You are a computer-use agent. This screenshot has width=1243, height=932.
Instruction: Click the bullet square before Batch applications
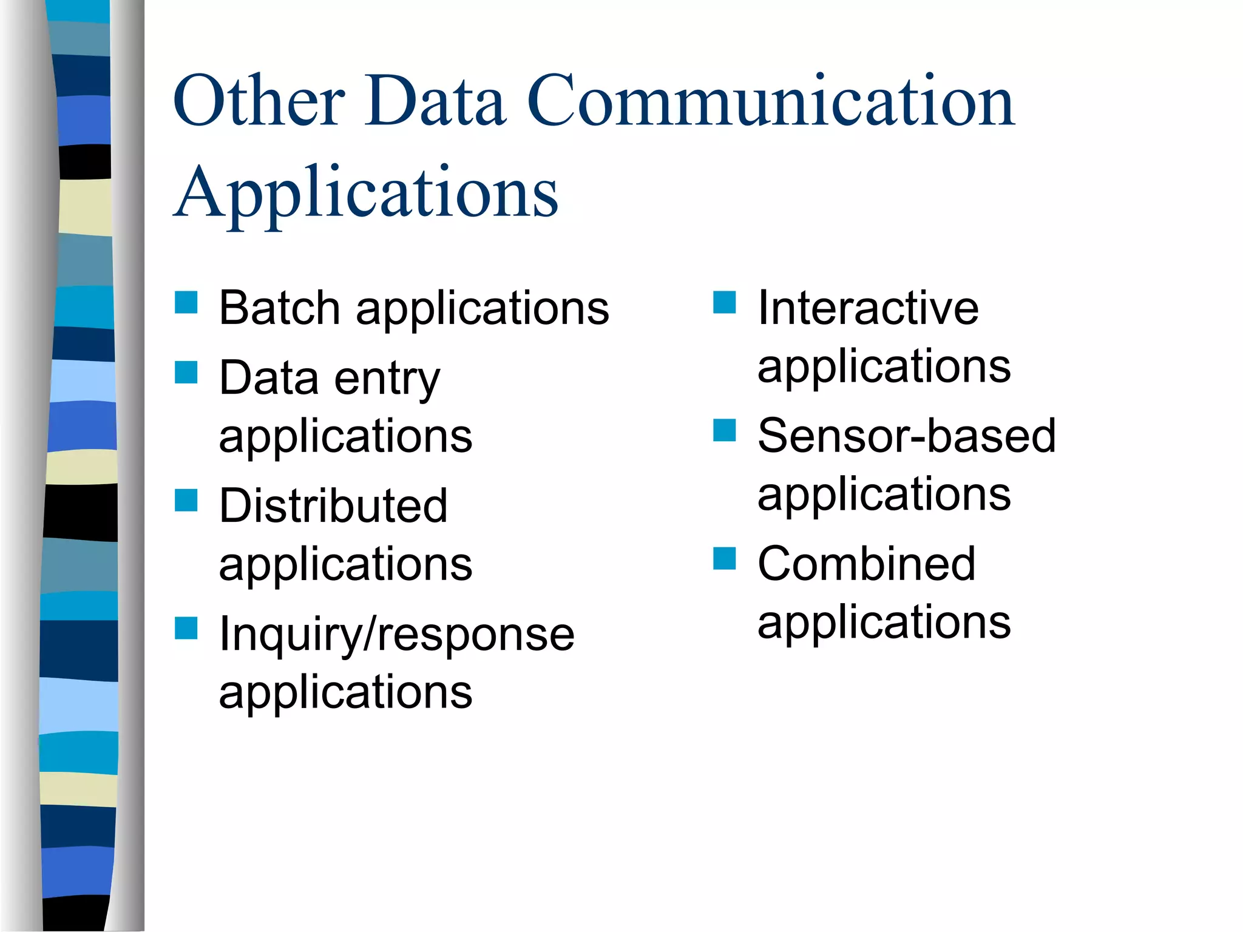pyautogui.click(x=186, y=302)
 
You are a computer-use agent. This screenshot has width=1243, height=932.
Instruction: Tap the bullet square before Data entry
pyautogui.click(x=186, y=373)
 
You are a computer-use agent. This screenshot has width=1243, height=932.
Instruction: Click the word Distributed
pyautogui.click(x=333, y=506)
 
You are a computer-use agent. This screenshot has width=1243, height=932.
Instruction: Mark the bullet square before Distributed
pyautogui.click(x=186, y=501)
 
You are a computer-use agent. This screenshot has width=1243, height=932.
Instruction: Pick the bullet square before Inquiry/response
pyautogui.click(x=186, y=629)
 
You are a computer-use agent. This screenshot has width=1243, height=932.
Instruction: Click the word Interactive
pyautogui.click(x=868, y=308)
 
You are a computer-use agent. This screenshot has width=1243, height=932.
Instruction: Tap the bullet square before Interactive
pyautogui.click(x=725, y=302)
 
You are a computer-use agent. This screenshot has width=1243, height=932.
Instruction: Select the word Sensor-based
pyautogui.click(x=907, y=436)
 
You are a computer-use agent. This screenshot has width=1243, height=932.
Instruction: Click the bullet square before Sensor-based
pyautogui.click(x=725, y=430)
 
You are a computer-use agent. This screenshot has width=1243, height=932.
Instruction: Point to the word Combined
pyautogui.click(x=866, y=564)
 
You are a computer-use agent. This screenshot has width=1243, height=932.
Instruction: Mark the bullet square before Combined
pyautogui.click(x=725, y=558)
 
